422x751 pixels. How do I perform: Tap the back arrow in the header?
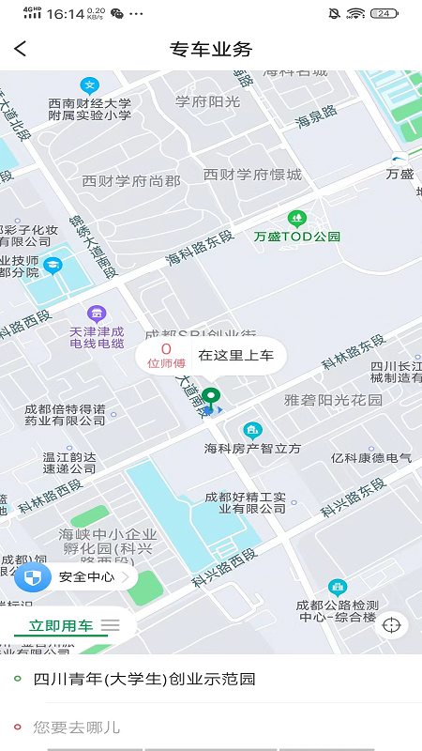21,49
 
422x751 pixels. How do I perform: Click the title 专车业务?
211,49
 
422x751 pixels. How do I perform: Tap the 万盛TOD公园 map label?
297,237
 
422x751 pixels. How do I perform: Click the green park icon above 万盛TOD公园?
297,220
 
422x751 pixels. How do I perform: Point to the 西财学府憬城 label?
252,175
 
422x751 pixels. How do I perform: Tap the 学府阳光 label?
208,100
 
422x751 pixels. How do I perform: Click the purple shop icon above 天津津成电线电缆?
96,314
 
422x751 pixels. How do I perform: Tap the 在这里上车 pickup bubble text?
235,356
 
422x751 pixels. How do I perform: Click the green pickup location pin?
211,395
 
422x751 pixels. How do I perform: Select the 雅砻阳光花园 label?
334,400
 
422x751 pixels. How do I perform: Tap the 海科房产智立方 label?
253,449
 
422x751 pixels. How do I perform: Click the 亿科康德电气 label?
371,457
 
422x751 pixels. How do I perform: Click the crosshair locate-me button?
392,624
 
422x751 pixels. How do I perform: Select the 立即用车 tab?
61,625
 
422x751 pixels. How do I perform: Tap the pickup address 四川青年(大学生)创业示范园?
144,679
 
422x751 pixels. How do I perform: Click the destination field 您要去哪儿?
77,727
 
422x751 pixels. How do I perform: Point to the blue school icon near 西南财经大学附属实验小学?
89,84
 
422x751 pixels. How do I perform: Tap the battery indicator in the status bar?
384,13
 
